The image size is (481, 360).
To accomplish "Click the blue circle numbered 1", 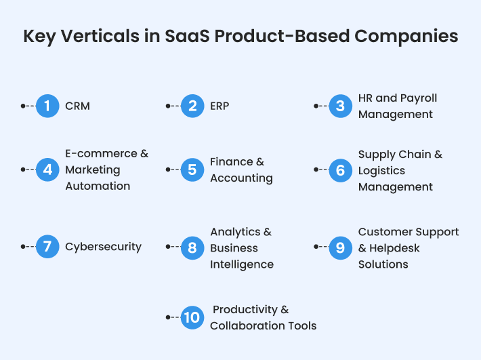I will pyautogui.click(x=47, y=106).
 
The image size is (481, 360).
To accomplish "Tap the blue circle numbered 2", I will pyautogui.click(x=192, y=106).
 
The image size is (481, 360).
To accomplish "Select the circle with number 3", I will pyautogui.click(x=341, y=106).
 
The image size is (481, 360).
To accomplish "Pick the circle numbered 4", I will pyautogui.click(x=47, y=169).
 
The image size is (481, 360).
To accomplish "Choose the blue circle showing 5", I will pyautogui.click(x=192, y=169).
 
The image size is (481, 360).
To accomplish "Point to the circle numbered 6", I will pyautogui.click(x=341, y=170).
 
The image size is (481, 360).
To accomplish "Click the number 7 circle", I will pyautogui.click(x=47, y=247).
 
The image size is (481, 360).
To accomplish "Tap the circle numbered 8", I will pyautogui.click(x=192, y=247).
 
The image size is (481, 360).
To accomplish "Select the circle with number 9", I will pyautogui.click(x=341, y=247).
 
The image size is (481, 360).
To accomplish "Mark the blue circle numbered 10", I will pyautogui.click(x=192, y=317).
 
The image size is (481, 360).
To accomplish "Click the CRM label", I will pyautogui.click(x=77, y=106).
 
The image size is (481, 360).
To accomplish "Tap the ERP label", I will pyautogui.click(x=219, y=106).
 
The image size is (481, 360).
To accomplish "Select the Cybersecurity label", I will pyautogui.click(x=103, y=247).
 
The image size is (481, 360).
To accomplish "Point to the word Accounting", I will pyautogui.click(x=241, y=178).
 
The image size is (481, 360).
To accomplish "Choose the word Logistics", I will pyautogui.click(x=381, y=171).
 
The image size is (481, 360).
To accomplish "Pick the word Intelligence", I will pyautogui.click(x=242, y=264).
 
